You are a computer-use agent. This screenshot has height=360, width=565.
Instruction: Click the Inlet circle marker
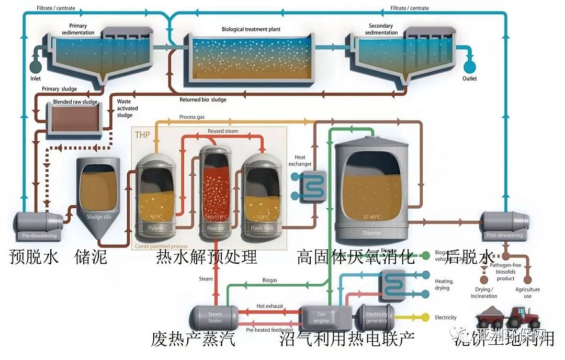point(36,67)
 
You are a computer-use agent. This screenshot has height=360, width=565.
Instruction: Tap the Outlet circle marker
point(470,66)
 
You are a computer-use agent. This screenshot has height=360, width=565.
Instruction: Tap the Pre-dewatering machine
point(39,225)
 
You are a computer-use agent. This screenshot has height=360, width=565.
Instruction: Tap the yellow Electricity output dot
point(425,317)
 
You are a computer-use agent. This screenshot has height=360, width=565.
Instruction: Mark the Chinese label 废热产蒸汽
point(193,339)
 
